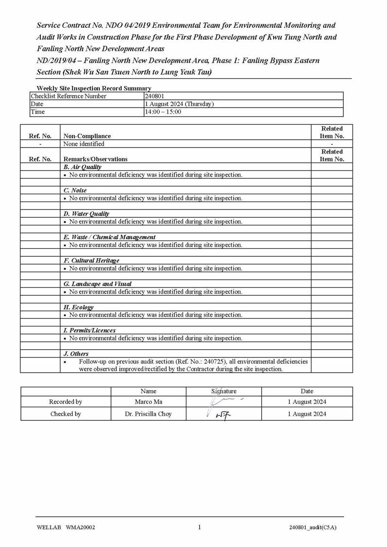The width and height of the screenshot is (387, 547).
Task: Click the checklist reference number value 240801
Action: [x=155, y=96]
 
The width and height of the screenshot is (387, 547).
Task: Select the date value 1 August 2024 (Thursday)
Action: [x=179, y=104]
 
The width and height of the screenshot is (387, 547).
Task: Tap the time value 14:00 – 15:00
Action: [x=163, y=112]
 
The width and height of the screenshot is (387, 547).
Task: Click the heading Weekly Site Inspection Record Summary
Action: [x=94, y=88]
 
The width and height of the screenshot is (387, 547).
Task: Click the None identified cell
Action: [x=84, y=144]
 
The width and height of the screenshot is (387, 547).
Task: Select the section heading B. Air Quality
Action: [x=82, y=167]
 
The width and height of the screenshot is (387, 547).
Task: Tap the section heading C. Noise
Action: [x=75, y=190]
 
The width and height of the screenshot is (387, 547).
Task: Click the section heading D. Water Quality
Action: [x=86, y=214]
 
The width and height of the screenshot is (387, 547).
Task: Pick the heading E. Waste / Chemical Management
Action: [x=110, y=237]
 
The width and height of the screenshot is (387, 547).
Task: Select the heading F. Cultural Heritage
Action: [x=91, y=261]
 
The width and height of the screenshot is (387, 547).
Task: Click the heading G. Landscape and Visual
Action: [x=97, y=283]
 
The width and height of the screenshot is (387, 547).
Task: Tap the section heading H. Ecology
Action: [x=78, y=307]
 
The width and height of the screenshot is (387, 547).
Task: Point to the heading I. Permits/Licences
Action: [x=90, y=330]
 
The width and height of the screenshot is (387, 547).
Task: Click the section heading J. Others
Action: [x=76, y=354]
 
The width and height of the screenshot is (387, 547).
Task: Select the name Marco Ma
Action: [x=148, y=402]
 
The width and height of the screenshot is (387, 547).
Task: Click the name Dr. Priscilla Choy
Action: [x=148, y=414]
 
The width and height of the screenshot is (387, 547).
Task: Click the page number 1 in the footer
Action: [x=199, y=527]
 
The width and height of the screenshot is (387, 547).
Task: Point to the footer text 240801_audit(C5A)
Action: [x=313, y=527]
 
